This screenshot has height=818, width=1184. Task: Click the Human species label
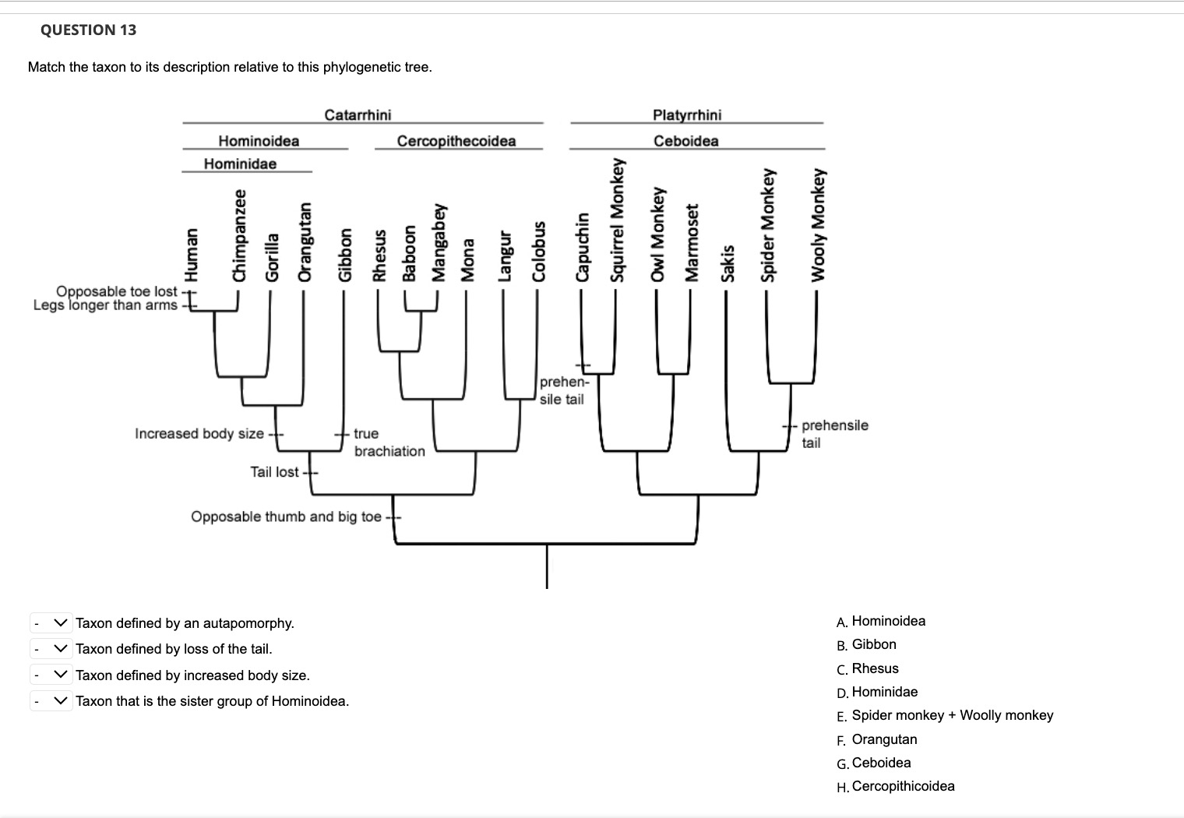point(189,254)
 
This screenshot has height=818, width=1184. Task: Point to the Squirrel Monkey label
point(618,219)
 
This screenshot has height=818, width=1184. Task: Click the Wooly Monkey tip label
point(817,224)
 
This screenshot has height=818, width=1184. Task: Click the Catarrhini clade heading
point(358,115)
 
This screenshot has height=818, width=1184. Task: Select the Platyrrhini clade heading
point(687,115)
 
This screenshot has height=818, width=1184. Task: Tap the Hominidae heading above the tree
point(240,164)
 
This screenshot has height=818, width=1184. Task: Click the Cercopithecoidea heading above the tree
point(456,141)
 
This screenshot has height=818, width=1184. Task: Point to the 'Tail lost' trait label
point(274,472)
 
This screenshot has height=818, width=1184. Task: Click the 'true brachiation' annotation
point(388,442)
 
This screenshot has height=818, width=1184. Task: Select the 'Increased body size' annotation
point(199,433)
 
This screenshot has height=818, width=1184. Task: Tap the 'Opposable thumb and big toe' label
point(286,517)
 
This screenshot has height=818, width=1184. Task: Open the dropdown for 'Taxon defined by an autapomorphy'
point(51,623)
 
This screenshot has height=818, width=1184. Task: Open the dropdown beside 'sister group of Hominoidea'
point(51,701)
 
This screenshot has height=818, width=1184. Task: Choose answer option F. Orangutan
point(883,739)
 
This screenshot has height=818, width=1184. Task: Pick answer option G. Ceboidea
point(880,763)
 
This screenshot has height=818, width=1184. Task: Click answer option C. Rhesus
point(874,668)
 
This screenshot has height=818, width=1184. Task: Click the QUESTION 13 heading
point(88,30)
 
